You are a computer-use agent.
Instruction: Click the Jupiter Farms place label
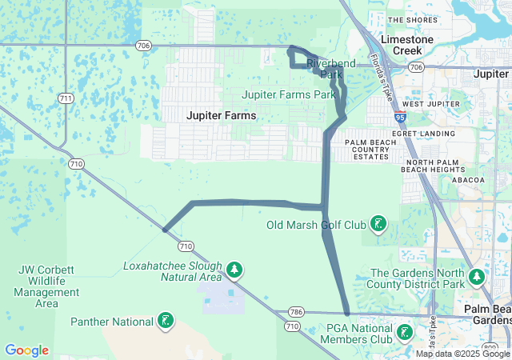pos(222,115)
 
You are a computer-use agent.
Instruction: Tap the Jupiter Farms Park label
pos(289,94)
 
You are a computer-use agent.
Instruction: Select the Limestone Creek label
pos(407,45)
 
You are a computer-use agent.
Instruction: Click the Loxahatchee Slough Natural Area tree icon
pos(234,270)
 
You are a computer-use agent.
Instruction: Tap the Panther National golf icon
pos(166,322)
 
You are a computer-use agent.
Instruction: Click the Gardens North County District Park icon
pos(477,278)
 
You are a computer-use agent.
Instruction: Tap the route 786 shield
pos(297,311)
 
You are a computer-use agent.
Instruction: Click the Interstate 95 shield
pos(399,117)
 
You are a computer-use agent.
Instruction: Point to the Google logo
pos(26,350)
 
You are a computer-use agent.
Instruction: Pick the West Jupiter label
pos(424,104)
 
